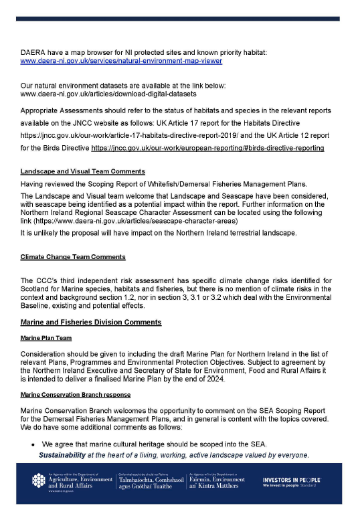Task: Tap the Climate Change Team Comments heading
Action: tap(73, 256)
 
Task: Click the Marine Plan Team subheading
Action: tap(46, 338)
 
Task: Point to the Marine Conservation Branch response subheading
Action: tap(76, 395)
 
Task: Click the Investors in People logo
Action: tap(292, 483)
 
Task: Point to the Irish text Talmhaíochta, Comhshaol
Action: tap(146, 480)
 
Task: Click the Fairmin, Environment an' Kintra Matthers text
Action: tap(217, 483)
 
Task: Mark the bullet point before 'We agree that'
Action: tap(33, 444)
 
